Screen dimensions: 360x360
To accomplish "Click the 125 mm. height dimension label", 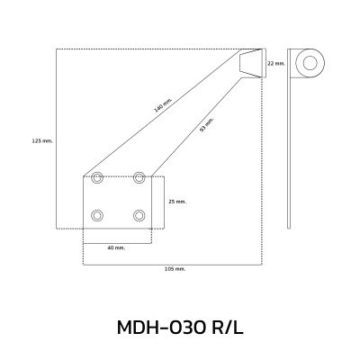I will [42, 140].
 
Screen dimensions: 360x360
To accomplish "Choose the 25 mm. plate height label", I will [177, 202].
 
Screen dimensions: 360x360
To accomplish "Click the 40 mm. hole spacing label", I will [116, 247].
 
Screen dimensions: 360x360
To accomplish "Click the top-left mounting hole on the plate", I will [98, 178].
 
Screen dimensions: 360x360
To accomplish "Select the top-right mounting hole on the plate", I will [139, 178].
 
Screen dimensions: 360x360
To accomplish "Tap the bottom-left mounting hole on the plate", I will [98, 215].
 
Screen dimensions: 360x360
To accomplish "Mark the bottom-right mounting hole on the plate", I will [139, 215].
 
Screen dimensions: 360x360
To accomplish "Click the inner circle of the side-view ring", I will [310, 63].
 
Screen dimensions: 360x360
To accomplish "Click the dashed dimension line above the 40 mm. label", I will [117, 241].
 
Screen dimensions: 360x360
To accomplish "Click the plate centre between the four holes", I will [119, 197].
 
